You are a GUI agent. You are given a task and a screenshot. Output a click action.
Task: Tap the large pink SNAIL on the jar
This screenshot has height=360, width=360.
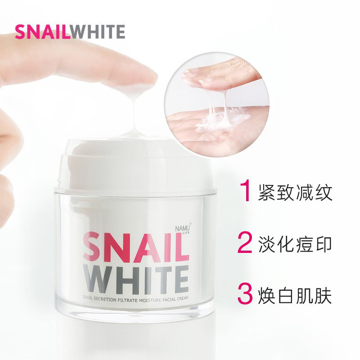pos(135,246)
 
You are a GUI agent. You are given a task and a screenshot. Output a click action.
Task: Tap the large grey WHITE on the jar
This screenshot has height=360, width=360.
pos(135,279)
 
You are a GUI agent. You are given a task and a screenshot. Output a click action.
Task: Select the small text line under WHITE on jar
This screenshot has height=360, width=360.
pos(135,297)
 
